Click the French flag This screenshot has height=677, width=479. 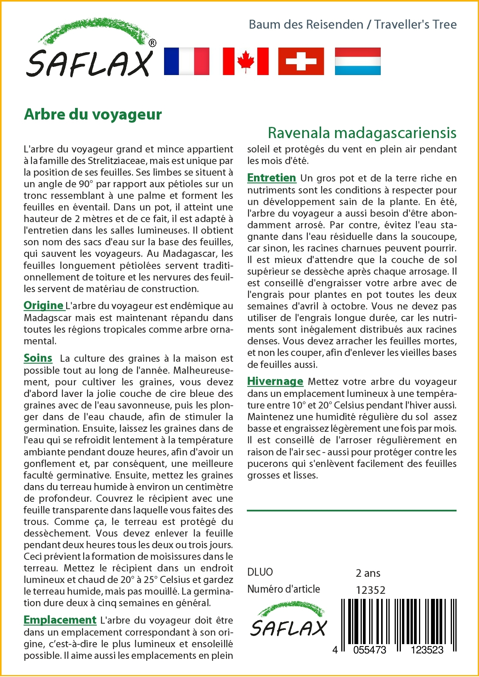pos(186,61)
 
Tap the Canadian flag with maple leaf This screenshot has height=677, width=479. pos(246,61)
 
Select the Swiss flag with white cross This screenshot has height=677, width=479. pos(301,61)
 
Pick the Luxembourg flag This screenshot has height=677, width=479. pos(358,61)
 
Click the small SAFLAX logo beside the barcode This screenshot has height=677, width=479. pos(288,619)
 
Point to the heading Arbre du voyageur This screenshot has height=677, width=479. pos(93,115)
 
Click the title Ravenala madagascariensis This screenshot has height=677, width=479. pos(362,133)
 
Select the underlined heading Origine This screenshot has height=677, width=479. pos(43,306)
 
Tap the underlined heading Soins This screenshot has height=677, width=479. pos(38,358)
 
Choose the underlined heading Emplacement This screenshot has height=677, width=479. pos(60,620)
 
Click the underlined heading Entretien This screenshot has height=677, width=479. pos(272,178)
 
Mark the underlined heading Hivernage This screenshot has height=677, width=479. pos(275,381)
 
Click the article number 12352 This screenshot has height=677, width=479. pos(371,590)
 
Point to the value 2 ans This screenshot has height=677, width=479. pos(368,573)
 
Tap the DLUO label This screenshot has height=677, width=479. pos(260,572)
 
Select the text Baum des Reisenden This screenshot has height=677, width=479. pos(306,24)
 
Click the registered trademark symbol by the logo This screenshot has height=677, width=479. pos(152,43)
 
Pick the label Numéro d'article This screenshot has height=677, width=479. pos(284,589)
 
